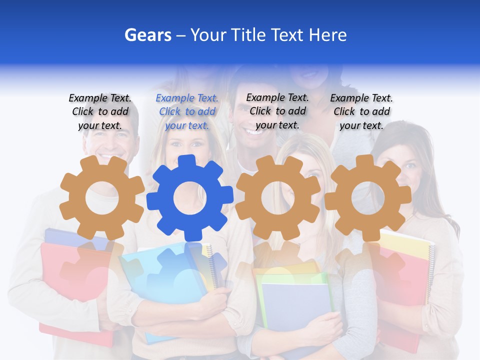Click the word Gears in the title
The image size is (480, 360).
click(147, 35)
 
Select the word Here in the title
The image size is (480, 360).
click(327, 35)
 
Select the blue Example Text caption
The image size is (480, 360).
click(187, 112)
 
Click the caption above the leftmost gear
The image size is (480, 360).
click(100, 112)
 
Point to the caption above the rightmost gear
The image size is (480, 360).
click(361, 112)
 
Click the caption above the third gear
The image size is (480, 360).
click(277, 111)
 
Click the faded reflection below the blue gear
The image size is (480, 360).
click(188, 265)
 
